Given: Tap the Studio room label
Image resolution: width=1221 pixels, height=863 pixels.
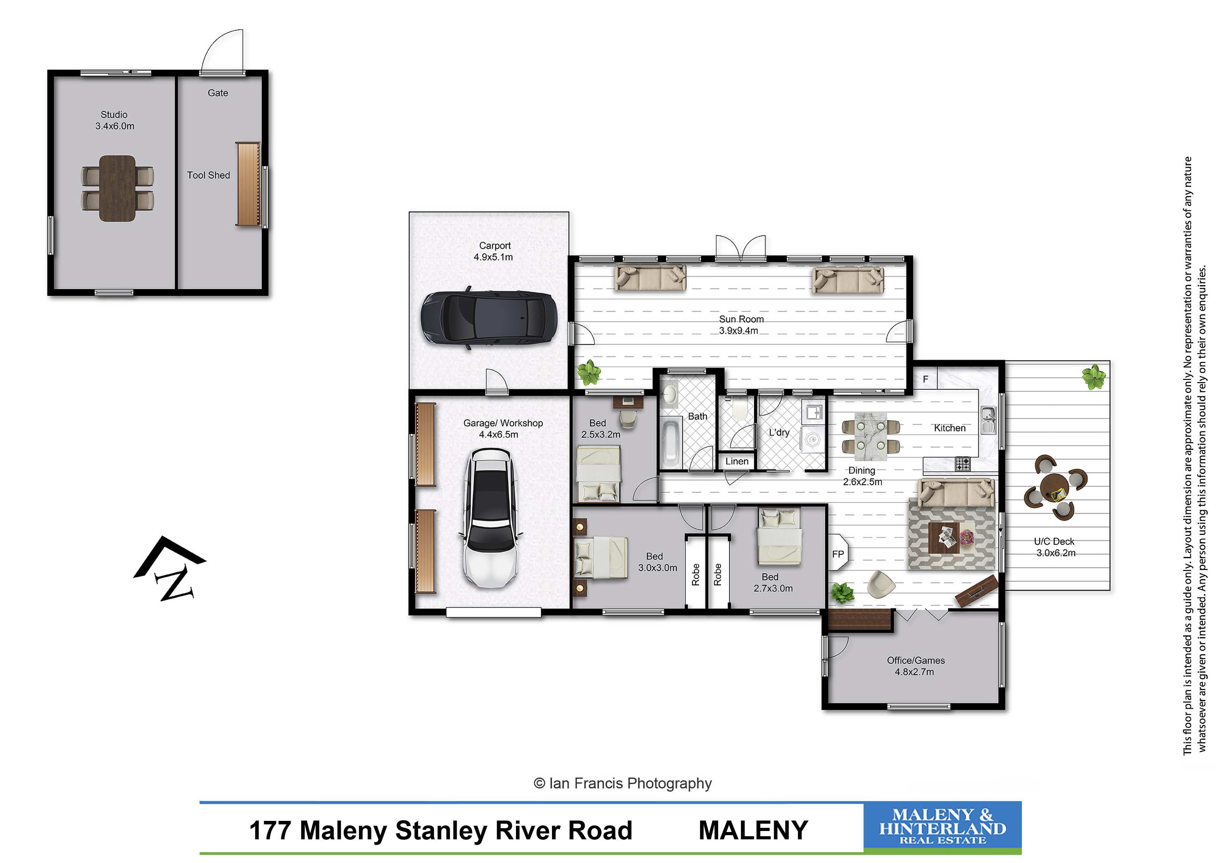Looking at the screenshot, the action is (114, 120).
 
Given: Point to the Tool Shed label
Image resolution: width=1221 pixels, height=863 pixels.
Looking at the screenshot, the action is (208, 175).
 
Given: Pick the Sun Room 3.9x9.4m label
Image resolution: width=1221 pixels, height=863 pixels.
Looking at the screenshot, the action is (740, 324).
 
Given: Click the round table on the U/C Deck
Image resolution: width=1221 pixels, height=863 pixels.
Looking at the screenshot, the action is (1055, 486).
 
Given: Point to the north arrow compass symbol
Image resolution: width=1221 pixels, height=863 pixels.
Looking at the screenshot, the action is (170, 568).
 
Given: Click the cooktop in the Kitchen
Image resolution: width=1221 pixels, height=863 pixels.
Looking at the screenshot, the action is (962, 464).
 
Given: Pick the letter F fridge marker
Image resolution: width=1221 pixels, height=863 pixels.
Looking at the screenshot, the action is (925, 379).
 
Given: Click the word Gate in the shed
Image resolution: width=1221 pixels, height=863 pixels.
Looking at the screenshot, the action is (218, 93).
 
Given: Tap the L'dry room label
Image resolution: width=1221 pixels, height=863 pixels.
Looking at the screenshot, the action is (779, 432).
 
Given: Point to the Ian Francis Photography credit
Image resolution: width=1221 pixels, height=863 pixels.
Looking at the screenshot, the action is (622, 783).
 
